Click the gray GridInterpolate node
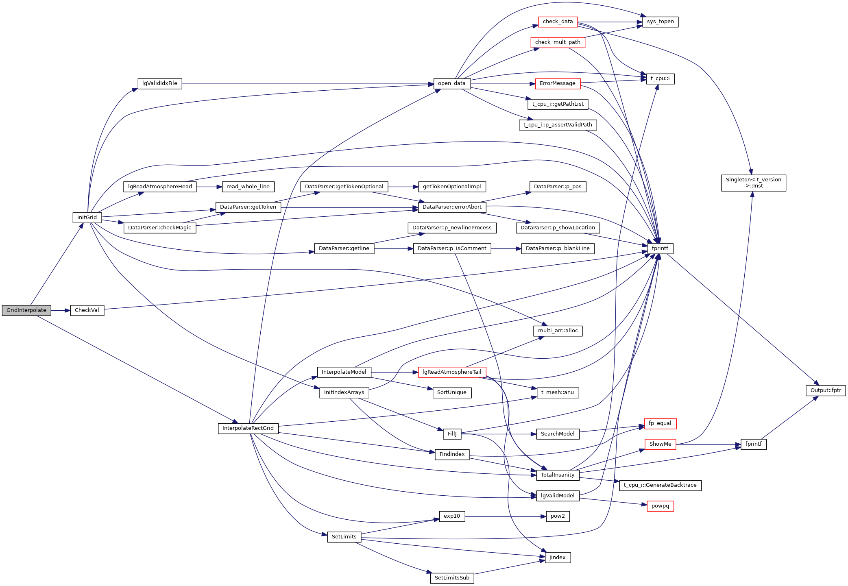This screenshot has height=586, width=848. point(26,310)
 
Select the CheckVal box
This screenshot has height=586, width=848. point(87,310)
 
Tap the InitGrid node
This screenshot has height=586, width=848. point(87,218)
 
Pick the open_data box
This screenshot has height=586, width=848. point(452,83)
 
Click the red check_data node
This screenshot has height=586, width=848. point(558,22)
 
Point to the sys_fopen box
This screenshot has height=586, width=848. point(660,22)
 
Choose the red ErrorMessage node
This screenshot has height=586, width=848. point(558,83)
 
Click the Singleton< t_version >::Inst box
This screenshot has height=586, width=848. point(753,183)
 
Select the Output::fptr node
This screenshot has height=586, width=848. point(826,390)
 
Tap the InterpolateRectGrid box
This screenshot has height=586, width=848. point(248,428)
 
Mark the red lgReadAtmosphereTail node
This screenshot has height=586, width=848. point(452,372)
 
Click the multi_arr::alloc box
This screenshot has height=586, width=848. point(558,331)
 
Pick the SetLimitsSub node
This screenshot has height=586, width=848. point(452,578)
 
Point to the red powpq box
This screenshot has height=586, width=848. point(660,506)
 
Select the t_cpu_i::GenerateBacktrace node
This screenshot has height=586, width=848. point(660,485)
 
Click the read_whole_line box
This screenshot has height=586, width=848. point(248,187)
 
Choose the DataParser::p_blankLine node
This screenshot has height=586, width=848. point(558,248)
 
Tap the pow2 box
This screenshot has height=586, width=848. point(558,516)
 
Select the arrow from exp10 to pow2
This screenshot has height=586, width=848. point(504,516)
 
